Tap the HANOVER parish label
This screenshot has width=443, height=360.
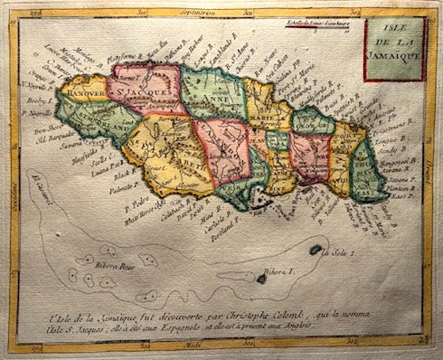point(84,90)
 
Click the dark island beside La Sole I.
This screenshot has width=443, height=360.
point(316,250)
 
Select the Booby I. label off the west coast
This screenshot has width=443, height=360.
point(38,105)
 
